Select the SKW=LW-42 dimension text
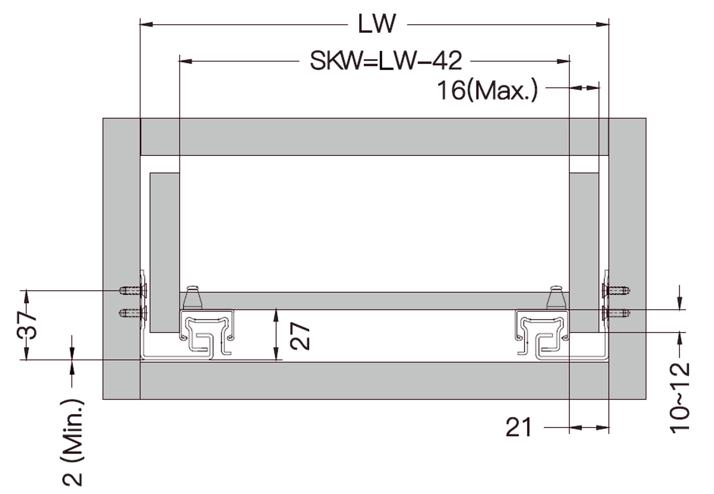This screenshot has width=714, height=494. (386, 61)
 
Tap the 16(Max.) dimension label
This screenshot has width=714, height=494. (487, 90)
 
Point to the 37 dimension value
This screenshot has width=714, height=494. (27, 325)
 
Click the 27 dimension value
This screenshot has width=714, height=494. (300, 336)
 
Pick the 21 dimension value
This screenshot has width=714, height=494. (518, 427)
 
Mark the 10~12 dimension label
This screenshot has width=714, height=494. (680, 398)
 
